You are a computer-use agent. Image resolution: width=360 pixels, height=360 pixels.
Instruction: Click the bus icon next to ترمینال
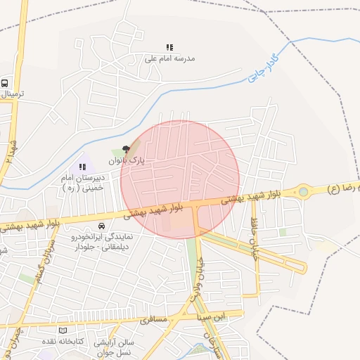(x=5, y=82)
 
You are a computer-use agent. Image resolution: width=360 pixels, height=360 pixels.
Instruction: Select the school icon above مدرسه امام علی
(x=169, y=47)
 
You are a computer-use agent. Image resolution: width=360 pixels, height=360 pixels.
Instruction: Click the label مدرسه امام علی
(x=169, y=58)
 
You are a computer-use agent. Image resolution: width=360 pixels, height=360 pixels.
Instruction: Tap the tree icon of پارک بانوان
(x=126, y=148)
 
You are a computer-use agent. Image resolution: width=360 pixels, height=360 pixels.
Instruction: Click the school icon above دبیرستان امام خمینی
(x=82, y=167)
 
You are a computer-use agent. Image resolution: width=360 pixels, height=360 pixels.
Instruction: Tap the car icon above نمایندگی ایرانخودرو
(x=102, y=226)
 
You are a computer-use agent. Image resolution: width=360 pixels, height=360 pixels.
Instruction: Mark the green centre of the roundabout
(x=303, y=191)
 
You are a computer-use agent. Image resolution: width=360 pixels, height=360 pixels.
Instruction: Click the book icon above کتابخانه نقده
(x=63, y=330)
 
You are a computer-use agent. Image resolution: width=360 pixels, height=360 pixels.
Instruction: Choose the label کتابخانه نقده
(x=79, y=341)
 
